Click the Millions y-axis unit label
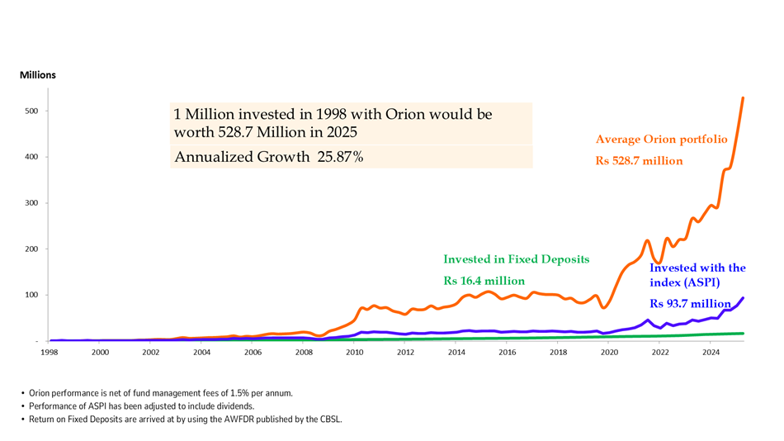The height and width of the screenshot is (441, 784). tap(38, 75)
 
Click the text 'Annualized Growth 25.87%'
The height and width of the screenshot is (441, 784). tap(269, 157)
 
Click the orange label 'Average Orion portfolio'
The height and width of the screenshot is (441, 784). tap(662, 140)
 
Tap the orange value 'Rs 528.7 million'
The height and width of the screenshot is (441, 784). tap(640, 161)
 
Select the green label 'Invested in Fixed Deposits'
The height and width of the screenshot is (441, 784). tap(517, 259)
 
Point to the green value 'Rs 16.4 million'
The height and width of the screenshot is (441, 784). tap(484, 281)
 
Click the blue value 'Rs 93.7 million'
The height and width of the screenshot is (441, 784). tap(690, 303)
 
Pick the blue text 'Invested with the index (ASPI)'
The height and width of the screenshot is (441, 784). tap(697, 274)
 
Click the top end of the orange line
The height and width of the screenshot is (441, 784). tap(743, 98)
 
